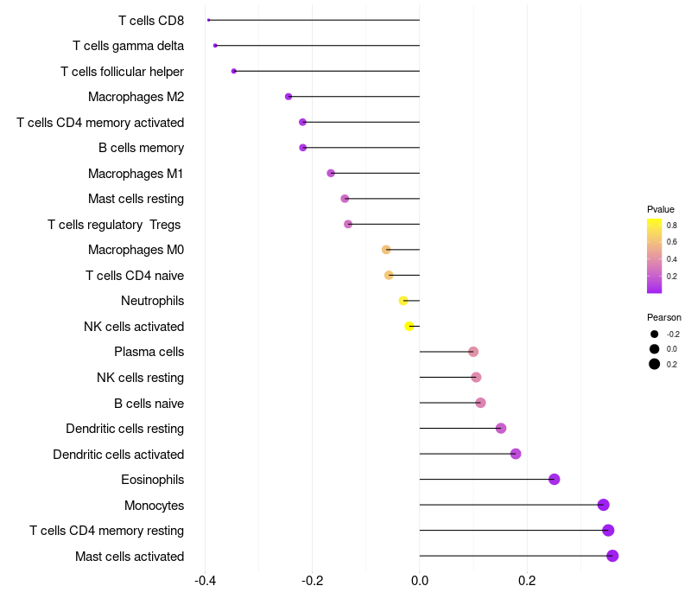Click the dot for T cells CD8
208,20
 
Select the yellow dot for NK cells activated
409,327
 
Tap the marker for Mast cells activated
612,556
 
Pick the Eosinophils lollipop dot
554,480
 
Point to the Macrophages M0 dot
386,250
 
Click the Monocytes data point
603,505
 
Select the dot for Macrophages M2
288,97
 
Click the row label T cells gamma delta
128,46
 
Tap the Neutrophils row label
153,301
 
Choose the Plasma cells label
149,352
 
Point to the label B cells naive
149,404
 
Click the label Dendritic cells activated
118,455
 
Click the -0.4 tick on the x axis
205,581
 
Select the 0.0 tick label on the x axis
420,581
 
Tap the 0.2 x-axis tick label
527,581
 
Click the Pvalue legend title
661,209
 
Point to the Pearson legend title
664,317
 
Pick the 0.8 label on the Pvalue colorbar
672,226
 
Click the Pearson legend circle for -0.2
655,334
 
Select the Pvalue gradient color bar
655,256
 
